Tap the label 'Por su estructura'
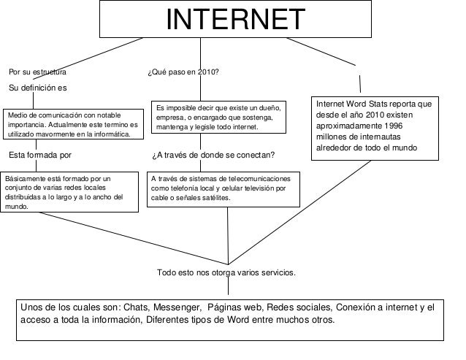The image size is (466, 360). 38,73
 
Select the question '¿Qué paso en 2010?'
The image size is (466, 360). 183,73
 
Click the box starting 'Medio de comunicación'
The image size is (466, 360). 70,124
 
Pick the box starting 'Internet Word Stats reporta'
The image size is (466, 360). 374,126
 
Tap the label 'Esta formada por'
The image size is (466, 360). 40,155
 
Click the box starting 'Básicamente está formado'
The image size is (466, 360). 70,191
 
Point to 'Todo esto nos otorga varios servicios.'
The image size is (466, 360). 227,272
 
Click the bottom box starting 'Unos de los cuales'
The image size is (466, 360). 232,318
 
